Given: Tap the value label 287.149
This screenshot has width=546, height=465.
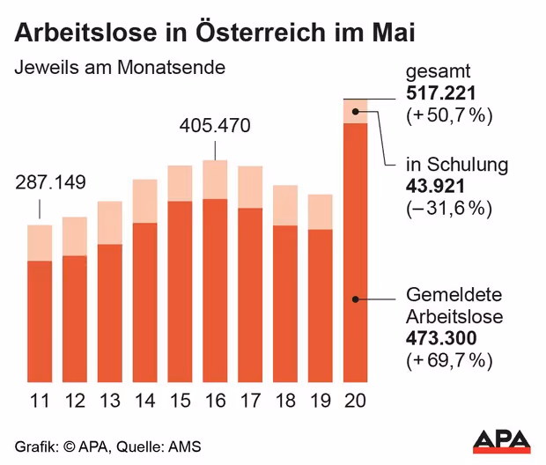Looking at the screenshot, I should (51, 183).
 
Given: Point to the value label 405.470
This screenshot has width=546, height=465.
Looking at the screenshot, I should (215, 125).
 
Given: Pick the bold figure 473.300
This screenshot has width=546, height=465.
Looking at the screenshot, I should (441, 339).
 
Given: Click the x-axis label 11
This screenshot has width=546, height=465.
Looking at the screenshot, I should (40, 402).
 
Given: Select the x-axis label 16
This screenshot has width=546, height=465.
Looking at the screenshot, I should (215, 402).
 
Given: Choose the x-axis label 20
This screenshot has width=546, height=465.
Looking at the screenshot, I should (355, 402).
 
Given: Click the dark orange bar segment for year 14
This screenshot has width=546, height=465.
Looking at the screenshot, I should (144, 304).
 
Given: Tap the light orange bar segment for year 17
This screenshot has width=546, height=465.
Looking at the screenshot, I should (250, 187).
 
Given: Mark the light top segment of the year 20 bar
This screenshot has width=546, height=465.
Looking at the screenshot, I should (355, 111).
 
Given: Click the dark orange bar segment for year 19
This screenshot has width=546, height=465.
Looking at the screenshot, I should (320, 307).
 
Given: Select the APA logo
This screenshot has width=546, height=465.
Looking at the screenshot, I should (502, 439).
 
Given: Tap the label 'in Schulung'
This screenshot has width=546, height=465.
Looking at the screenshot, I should (457, 165).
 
